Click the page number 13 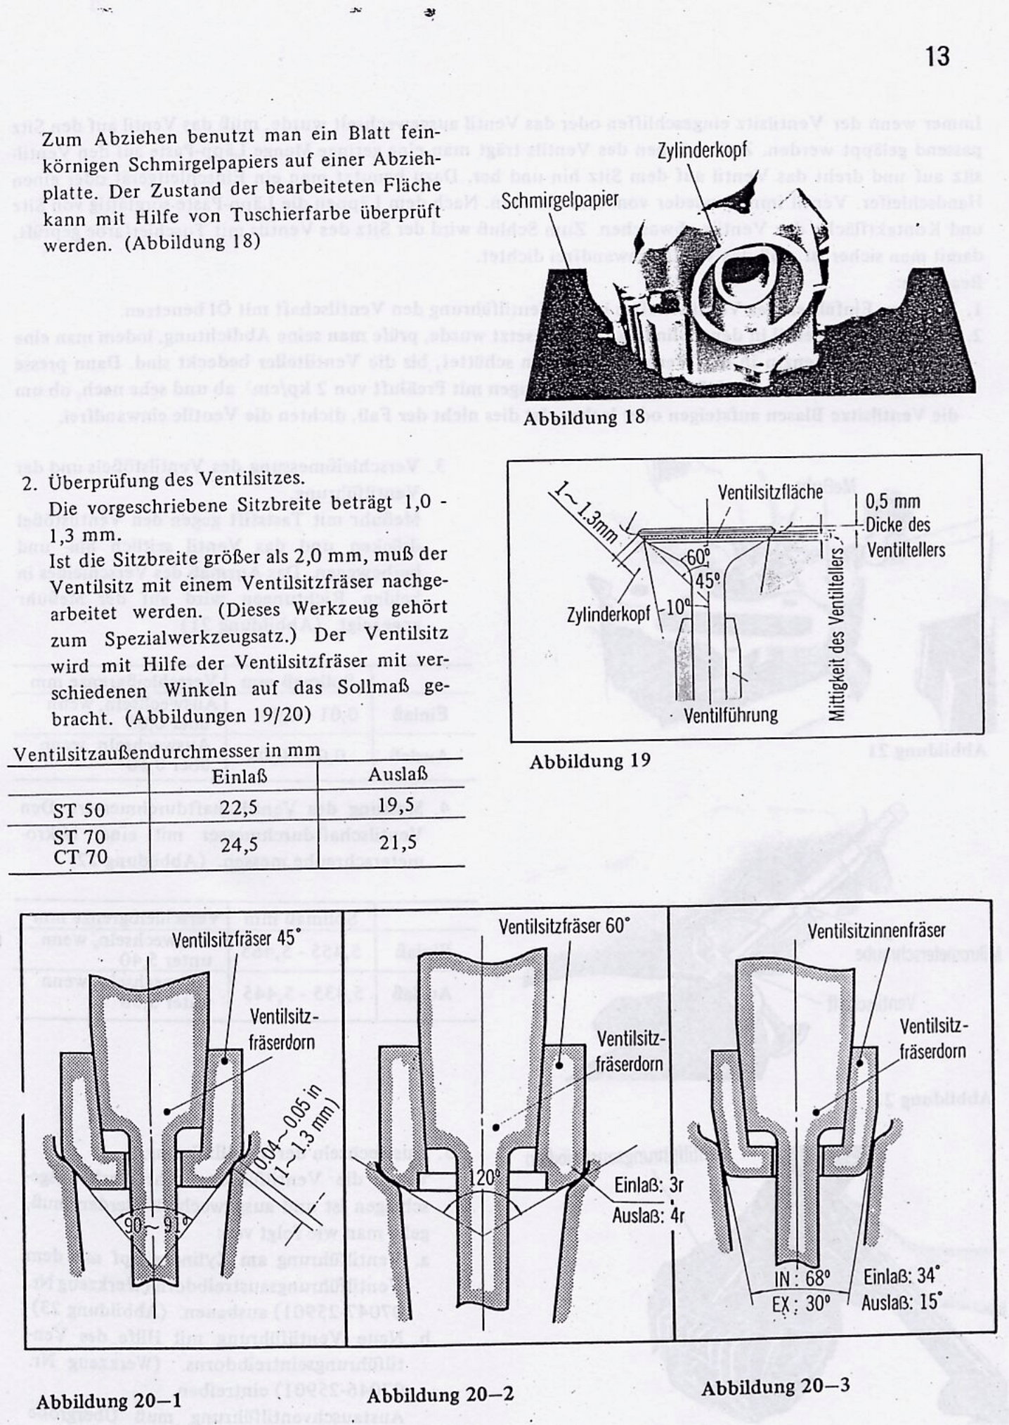pyautogui.click(x=938, y=56)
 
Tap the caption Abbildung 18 pyautogui.click(x=583, y=417)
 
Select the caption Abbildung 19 pyautogui.click(x=590, y=762)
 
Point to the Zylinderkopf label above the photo pyautogui.click(x=702, y=150)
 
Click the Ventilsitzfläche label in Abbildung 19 pyautogui.click(x=770, y=492)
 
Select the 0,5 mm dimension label pyautogui.click(x=892, y=502)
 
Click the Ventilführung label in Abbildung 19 pyautogui.click(x=731, y=715)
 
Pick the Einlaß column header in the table pyautogui.click(x=239, y=776)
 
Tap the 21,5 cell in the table pyautogui.click(x=398, y=842)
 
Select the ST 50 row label pyautogui.click(x=79, y=810)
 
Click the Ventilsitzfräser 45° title pyautogui.click(x=236, y=939)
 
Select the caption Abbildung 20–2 pyautogui.click(x=440, y=1395)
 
